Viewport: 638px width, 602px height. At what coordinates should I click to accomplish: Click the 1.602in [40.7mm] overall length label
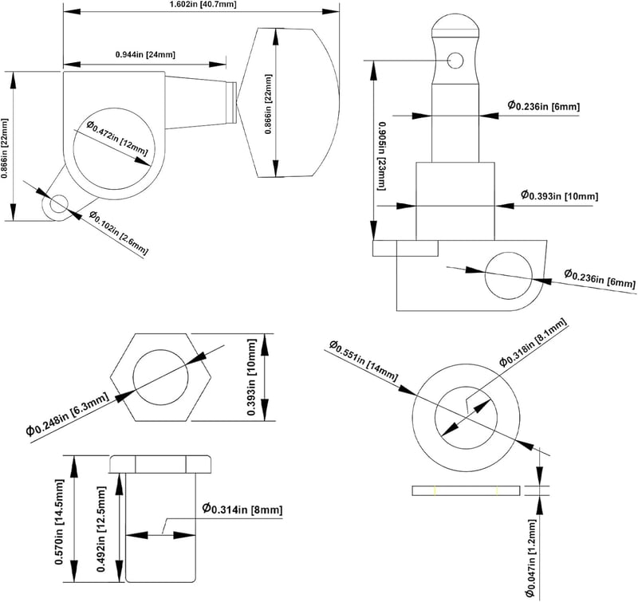tap(202, 5)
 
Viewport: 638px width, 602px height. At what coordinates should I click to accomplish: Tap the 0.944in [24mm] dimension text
tap(145, 54)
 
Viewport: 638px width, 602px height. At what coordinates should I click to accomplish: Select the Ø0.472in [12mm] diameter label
tap(116, 138)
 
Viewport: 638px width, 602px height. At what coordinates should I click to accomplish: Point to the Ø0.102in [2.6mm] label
tap(118, 233)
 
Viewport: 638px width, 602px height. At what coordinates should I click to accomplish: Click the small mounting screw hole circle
tap(59, 204)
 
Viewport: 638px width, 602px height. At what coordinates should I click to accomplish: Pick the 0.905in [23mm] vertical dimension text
tap(381, 155)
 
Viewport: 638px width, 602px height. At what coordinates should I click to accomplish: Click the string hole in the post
tap(455, 61)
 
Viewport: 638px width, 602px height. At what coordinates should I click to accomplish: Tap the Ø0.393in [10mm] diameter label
tap(560, 195)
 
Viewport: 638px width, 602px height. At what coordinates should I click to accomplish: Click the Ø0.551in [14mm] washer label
tap(364, 360)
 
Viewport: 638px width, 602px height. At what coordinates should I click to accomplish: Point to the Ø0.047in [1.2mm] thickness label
tap(531, 560)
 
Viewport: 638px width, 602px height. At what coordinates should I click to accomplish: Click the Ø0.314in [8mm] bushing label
tap(242, 509)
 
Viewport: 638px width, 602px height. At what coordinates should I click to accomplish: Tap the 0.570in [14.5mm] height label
tap(59, 522)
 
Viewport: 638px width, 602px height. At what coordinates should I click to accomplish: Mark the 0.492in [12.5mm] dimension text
tap(101, 529)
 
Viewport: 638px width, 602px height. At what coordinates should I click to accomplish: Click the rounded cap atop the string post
tap(455, 26)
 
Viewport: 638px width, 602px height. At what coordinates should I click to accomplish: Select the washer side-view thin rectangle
tap(466, 490)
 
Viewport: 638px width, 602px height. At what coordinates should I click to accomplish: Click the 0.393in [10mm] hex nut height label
tap(252, 377)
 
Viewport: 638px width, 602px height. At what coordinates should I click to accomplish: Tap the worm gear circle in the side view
tap(509, 276)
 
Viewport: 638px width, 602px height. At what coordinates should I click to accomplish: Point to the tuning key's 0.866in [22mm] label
tap(268, 104)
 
